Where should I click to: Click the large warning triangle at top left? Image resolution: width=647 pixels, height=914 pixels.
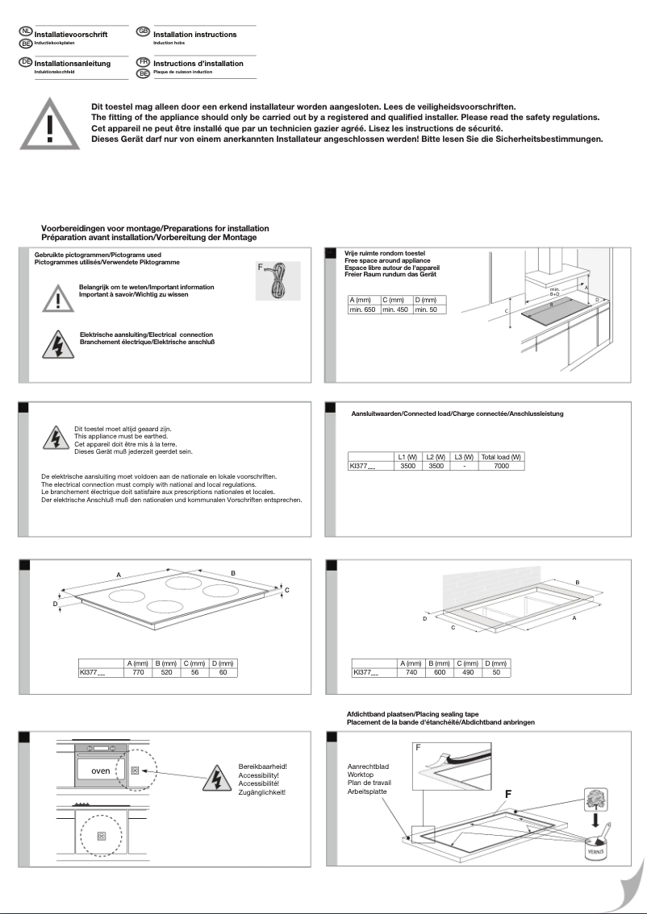point(50,125)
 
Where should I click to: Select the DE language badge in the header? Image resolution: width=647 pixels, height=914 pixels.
point(25,62)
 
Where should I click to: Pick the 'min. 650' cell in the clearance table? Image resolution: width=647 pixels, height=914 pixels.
point(363,310)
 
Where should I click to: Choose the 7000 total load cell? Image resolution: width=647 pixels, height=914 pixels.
point(501,466)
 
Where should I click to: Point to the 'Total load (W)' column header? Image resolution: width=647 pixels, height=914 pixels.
point(501,456)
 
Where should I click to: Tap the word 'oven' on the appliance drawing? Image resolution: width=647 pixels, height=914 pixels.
point(100,771)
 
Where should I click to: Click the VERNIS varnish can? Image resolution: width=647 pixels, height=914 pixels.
point(595,846)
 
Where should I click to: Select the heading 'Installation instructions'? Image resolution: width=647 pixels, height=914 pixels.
point(194,35)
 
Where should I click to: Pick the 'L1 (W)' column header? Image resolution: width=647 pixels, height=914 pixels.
point(407,456)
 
